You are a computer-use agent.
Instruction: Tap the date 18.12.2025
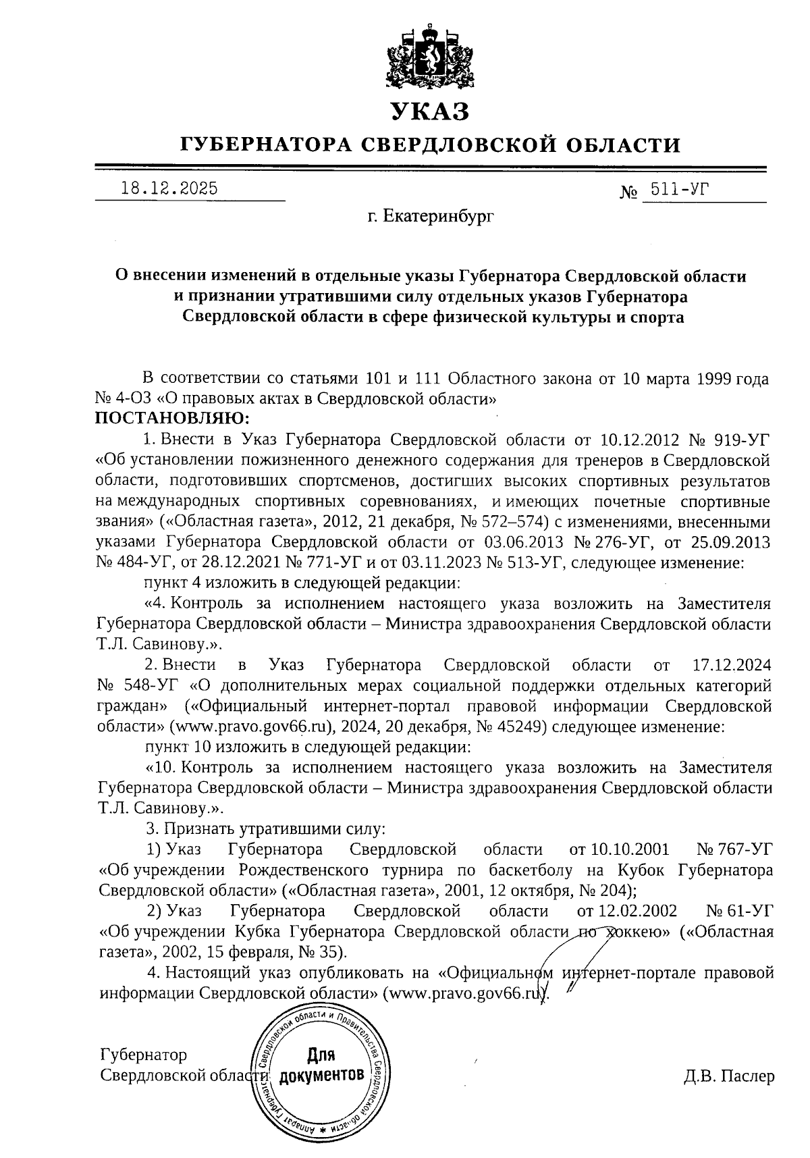169,188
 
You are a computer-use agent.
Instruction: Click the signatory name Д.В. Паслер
728,1076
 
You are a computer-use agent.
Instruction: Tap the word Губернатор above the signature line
143,1055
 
